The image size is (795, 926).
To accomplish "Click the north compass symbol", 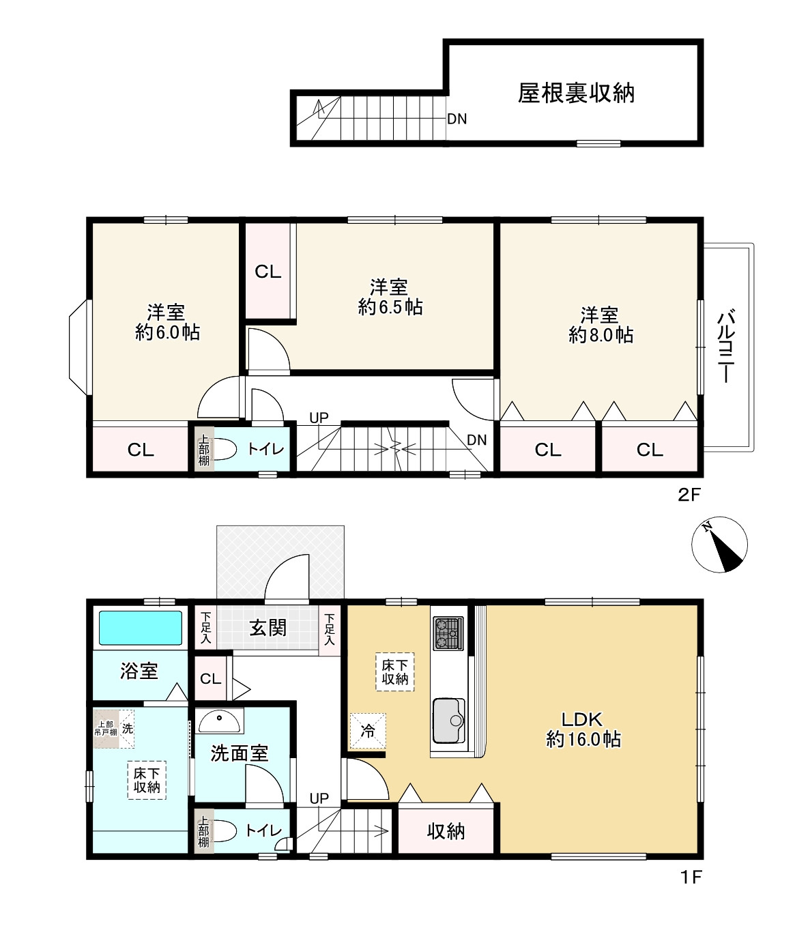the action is [719, 545].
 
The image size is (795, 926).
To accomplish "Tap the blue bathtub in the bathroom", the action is [141, 628].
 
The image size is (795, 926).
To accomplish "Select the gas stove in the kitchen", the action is [448, 633].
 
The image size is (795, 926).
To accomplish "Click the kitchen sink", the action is [448, 721].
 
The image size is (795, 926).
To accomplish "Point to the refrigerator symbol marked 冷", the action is [368, 731].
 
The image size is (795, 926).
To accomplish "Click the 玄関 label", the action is [268, 628].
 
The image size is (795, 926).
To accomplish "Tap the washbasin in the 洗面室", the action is [220, 721].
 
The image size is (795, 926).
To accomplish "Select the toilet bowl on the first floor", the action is [225, 831].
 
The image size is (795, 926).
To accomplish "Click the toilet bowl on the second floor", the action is [225, 449].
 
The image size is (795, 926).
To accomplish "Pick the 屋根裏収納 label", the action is [576, 93].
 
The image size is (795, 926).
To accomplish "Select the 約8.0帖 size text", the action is [601, 334].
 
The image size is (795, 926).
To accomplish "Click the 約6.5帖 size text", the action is [390, 307].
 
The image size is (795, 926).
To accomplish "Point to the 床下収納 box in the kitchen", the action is [395, 671].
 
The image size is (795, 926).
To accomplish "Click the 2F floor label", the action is [689, 495].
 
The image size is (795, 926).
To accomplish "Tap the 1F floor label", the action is [691, 877].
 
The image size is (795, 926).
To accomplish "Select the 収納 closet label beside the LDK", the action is [446, 831].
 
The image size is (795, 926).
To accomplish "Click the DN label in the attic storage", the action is [457, 119].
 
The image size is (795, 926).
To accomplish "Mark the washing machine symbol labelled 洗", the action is [128, 728].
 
